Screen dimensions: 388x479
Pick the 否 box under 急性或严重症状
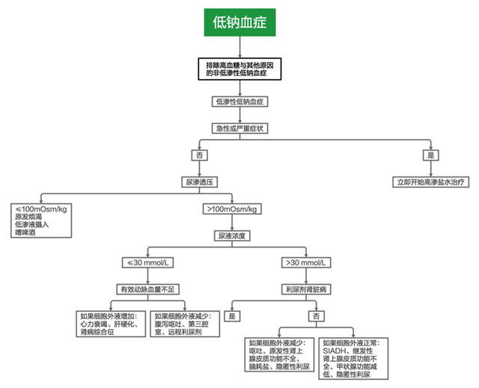coord(199,155)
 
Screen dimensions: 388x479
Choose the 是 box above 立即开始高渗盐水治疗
coord(430,155)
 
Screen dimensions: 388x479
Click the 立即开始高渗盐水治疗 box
coord(430,182)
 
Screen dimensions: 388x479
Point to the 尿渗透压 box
coord(199,182)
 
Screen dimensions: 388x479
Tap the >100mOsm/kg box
coord(231,209)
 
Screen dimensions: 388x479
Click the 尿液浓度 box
coord(231,235)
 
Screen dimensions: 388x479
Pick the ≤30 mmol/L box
coord(147,262)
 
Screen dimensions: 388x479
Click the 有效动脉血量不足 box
coord(147,289)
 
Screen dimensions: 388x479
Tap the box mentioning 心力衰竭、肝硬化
coord(112,325)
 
